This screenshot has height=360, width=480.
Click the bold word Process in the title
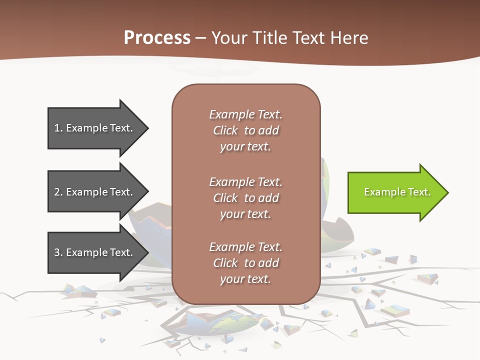point(157,38)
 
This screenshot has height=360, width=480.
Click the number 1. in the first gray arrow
point(58,128)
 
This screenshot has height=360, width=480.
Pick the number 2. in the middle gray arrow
point(58,192)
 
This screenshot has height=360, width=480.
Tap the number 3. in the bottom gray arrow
point(58,252)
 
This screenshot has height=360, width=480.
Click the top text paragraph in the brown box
point(245,130)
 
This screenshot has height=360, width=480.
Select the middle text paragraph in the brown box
point(245,198)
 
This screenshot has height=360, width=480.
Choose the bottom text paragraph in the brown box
point(245,263)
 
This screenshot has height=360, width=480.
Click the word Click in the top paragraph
point(225,130)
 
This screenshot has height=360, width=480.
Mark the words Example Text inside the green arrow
point(397,192)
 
